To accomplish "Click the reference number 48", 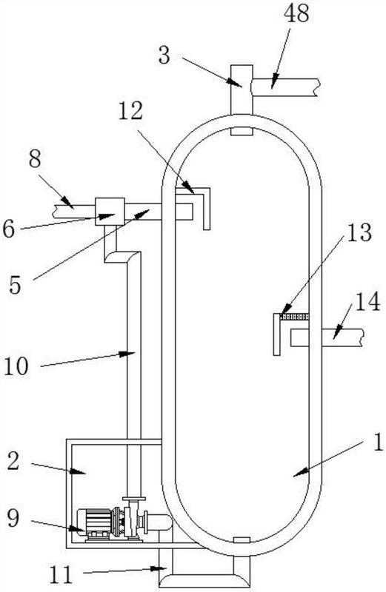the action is click(x=297, y=13).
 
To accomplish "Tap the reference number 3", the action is click(x=164, y=55).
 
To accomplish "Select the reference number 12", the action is click(x=130, y=111).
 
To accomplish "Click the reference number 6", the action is click(x=8, y=229).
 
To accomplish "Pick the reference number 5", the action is click(x=14, y=285).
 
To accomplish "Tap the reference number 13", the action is click(x=359, y=232).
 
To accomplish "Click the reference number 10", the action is click(x=16, y=366).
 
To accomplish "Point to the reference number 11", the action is click(x=61, y=575).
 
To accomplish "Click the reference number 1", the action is click(x=378, y=442).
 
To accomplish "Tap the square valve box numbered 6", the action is click(x=110, y=212).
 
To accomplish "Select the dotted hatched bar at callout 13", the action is click(x=295, y=317).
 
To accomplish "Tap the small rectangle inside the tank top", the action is click(x=242, y=131).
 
